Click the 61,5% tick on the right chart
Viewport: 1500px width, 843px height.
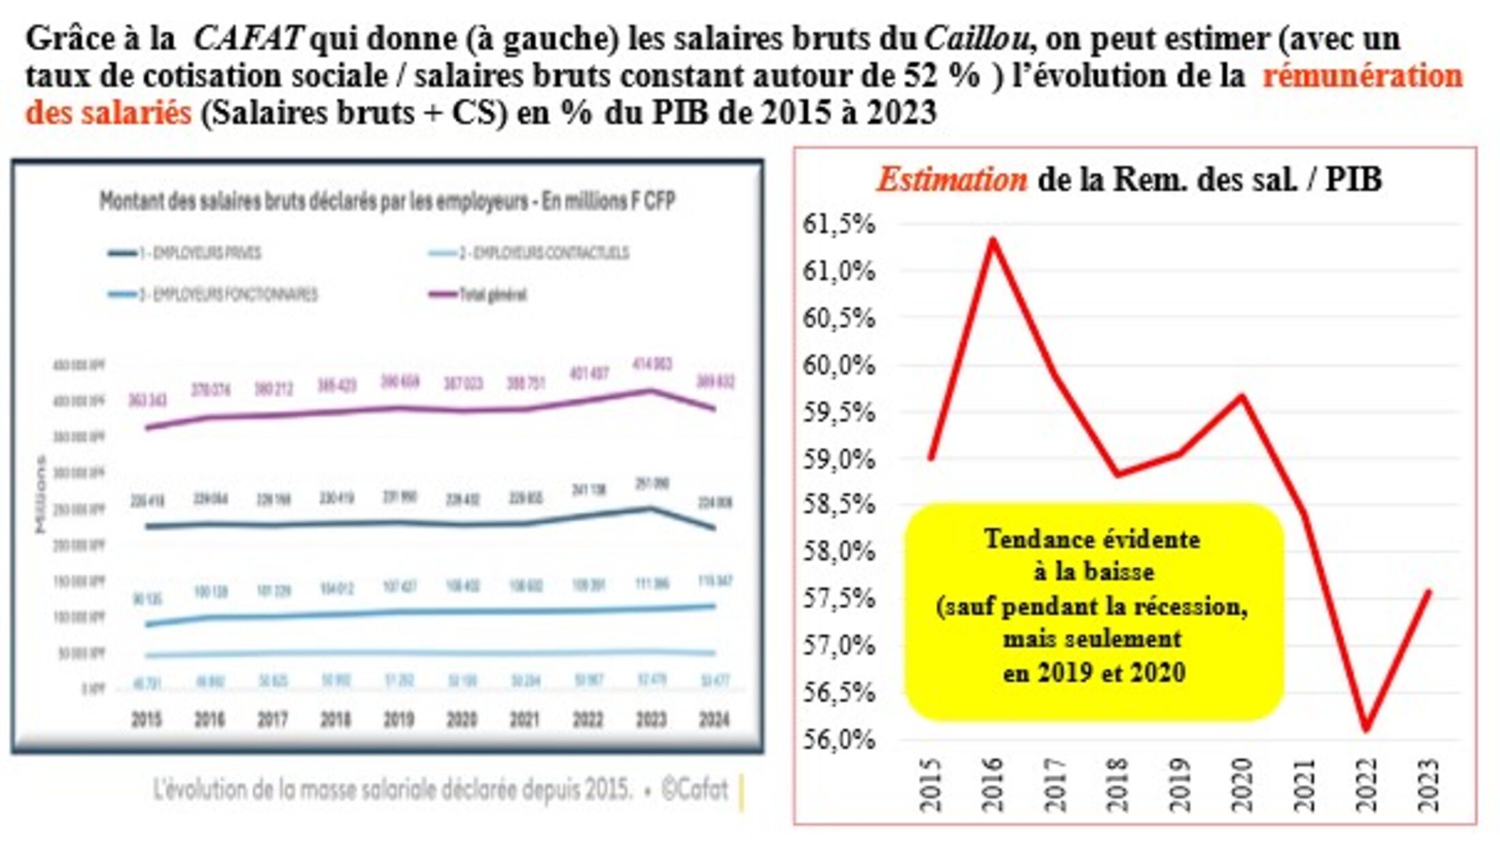839,224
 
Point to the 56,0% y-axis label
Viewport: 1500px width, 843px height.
839,739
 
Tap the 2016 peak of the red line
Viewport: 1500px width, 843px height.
993,239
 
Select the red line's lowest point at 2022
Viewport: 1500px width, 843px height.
1366,730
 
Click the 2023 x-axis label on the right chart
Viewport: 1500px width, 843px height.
1428,784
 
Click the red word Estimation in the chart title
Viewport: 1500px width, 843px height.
951,180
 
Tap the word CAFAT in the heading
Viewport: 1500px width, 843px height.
247,39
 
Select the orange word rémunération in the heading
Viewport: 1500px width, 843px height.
1362,76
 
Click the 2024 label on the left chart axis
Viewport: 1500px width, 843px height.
714,720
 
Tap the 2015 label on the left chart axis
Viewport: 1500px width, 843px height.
146,720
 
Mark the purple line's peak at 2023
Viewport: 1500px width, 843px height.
652,391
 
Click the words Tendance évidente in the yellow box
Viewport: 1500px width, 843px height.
1092,539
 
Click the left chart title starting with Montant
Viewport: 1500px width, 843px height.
387,201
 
